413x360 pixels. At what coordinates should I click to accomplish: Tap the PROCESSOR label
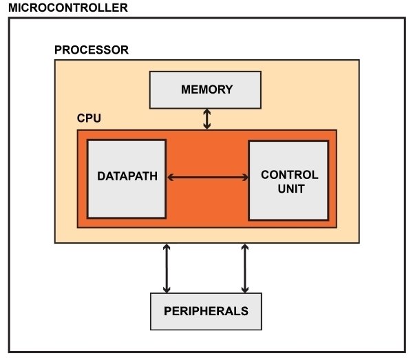(x=91, y=50)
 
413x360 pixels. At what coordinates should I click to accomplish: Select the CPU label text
(x=89, y=118)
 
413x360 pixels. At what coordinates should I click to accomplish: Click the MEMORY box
(x=206, y=90)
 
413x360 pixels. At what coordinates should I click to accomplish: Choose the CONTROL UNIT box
(x=289, y=180)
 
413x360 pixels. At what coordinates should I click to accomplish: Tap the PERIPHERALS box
(x=206, y=310)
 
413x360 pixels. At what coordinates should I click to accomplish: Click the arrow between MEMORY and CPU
(x=206, y=119)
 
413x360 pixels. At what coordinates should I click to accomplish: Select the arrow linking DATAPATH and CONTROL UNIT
(x=207, y=177)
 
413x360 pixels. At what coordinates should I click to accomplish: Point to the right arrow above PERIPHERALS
(x=245, y=268)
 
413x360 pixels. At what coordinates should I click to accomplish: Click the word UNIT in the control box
(x=289, y=188)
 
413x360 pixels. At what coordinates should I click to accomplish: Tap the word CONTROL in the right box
(x=289, y=174)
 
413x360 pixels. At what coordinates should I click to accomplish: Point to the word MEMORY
(x=206, y=90)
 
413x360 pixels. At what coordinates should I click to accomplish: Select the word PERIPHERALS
(x=206, y=310)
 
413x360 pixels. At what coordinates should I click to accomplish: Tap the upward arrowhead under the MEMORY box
(x=206, y=112)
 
